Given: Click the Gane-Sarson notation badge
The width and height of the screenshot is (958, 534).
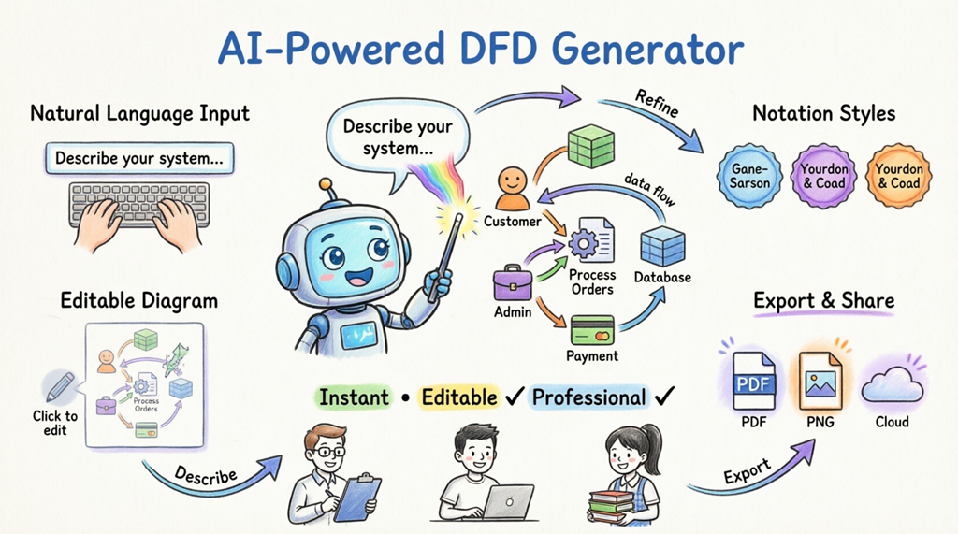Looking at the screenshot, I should click(x=750, y=177).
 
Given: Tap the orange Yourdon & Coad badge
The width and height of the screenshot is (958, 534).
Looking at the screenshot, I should click(x=898, y=177).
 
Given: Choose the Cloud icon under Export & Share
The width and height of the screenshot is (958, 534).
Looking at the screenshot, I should click(x=892, y=383).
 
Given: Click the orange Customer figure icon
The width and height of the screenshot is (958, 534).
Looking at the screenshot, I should click(x=512, y=188).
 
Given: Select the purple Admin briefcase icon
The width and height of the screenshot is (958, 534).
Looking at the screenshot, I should click(x=512, y=281).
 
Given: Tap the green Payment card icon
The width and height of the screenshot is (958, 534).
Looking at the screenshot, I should click(x=591, y=329).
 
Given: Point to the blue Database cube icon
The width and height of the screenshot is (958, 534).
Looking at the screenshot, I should click(x=662, y=247).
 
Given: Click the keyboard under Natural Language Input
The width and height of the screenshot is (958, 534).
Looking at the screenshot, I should click(x=139, y=204).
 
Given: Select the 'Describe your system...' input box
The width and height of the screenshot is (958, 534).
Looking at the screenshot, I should click(x=138, y=157).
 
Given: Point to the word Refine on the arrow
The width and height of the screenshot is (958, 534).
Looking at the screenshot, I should click(x=656, y=104).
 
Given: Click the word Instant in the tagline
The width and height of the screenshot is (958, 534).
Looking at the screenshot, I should click(x=354, y=397).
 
